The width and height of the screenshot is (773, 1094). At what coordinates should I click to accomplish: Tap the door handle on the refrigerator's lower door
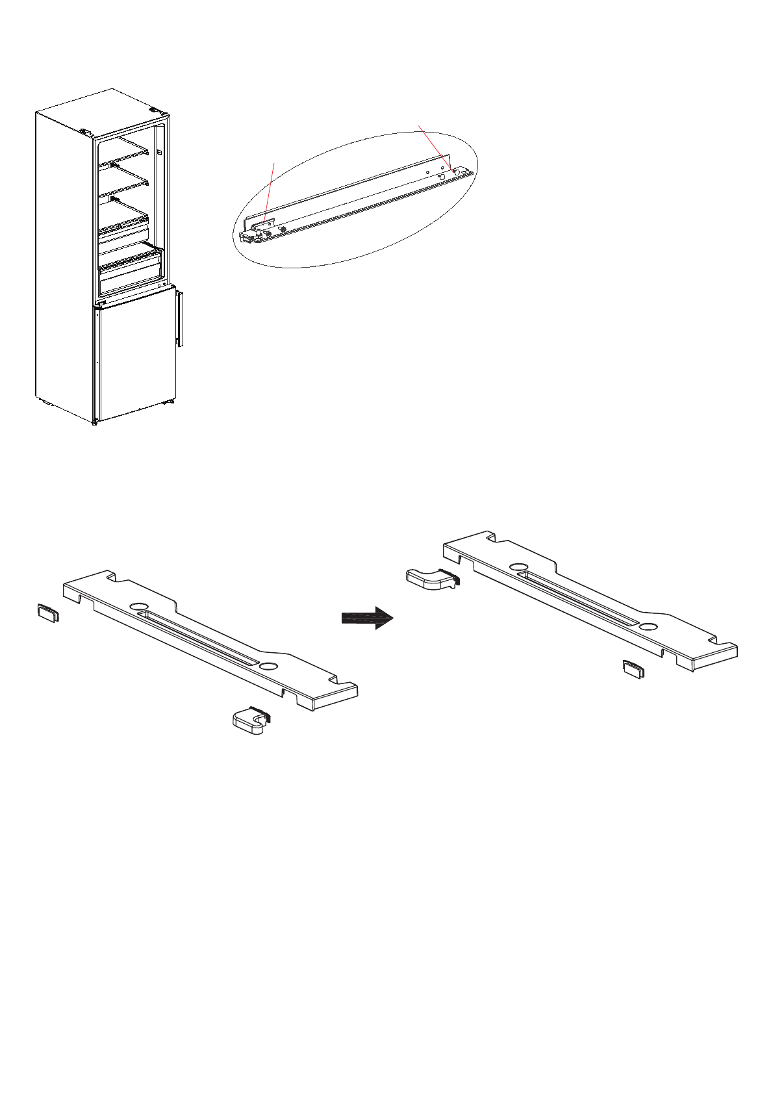[179, 319]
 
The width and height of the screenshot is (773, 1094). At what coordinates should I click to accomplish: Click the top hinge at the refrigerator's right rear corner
[155, 111]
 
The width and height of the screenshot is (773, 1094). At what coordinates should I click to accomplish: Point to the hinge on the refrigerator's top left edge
[84, 132]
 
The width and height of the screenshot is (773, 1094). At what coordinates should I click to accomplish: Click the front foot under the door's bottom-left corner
[95, 422]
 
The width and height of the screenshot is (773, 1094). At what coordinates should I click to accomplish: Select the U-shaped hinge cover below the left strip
[250, 720]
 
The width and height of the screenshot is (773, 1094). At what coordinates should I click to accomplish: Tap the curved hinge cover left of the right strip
[430, 578]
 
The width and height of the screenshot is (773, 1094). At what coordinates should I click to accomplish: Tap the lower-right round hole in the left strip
[267, 667]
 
